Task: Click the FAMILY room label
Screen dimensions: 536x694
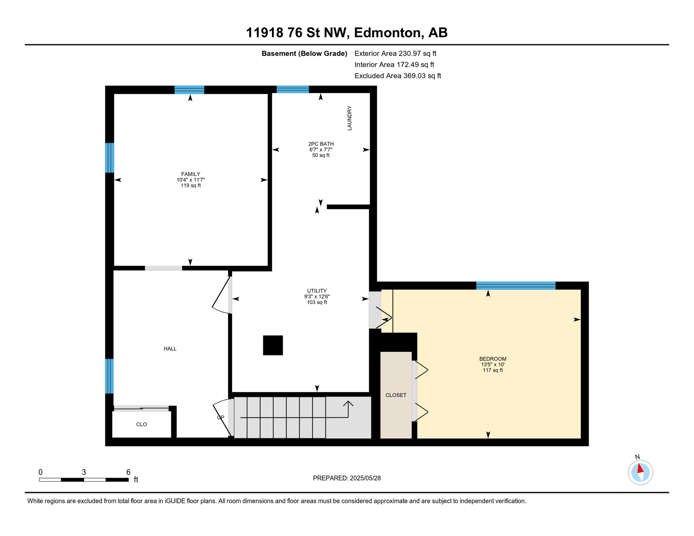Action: [191, 174]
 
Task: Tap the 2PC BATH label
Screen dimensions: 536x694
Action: [321, 144]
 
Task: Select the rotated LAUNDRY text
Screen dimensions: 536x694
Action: [349, 118]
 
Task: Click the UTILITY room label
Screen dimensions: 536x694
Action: [317, 291]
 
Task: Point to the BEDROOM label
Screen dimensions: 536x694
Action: [493, 359]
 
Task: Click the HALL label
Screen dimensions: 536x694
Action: [170, 349]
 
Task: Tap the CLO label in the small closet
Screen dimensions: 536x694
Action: [141, 424]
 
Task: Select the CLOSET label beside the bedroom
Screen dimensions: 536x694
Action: [396, 395]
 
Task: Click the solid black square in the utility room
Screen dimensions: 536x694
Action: [273, 345]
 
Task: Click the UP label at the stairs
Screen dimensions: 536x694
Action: [221, 417]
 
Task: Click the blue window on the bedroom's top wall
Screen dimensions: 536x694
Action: [516, 285]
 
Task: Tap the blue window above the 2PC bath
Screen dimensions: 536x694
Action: [293, 89]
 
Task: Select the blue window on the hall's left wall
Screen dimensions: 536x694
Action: [109, 376]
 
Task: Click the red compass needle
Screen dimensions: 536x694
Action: [640, 468]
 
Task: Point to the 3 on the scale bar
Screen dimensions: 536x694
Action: [84, 472]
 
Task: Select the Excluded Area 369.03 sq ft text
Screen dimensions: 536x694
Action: [398, 76]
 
